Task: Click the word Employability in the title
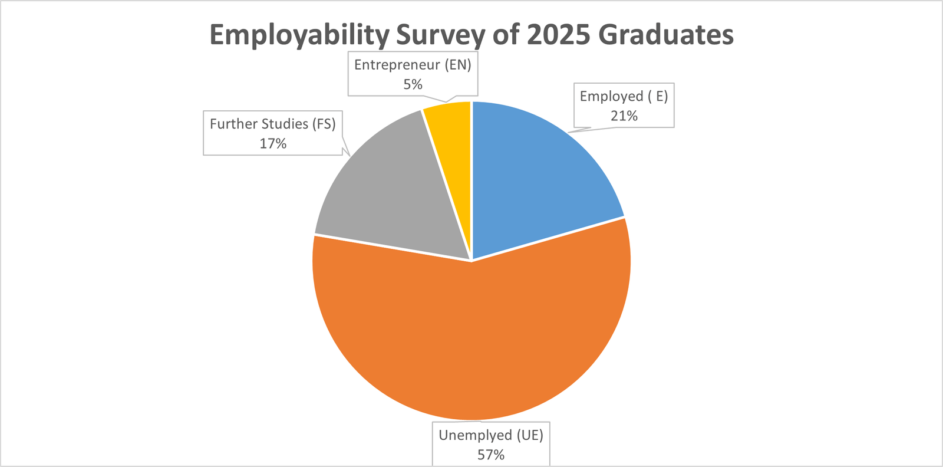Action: click(299, 35)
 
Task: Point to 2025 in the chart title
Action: click(558, 35)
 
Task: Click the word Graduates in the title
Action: click(665, 35)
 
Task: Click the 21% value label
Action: click(624, 116)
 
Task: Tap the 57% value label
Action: click(491, 455)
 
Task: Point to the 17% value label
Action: click(273, 144)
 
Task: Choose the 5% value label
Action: click(413, 85)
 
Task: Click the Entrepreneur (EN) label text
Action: click(413, 65)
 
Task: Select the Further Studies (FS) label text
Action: click(272, 124)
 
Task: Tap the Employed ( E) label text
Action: click(624, 97)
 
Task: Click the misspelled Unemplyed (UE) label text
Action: click(491, 435)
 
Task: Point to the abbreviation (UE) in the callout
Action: click(530, 435)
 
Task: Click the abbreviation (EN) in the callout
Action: click(458, 65)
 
